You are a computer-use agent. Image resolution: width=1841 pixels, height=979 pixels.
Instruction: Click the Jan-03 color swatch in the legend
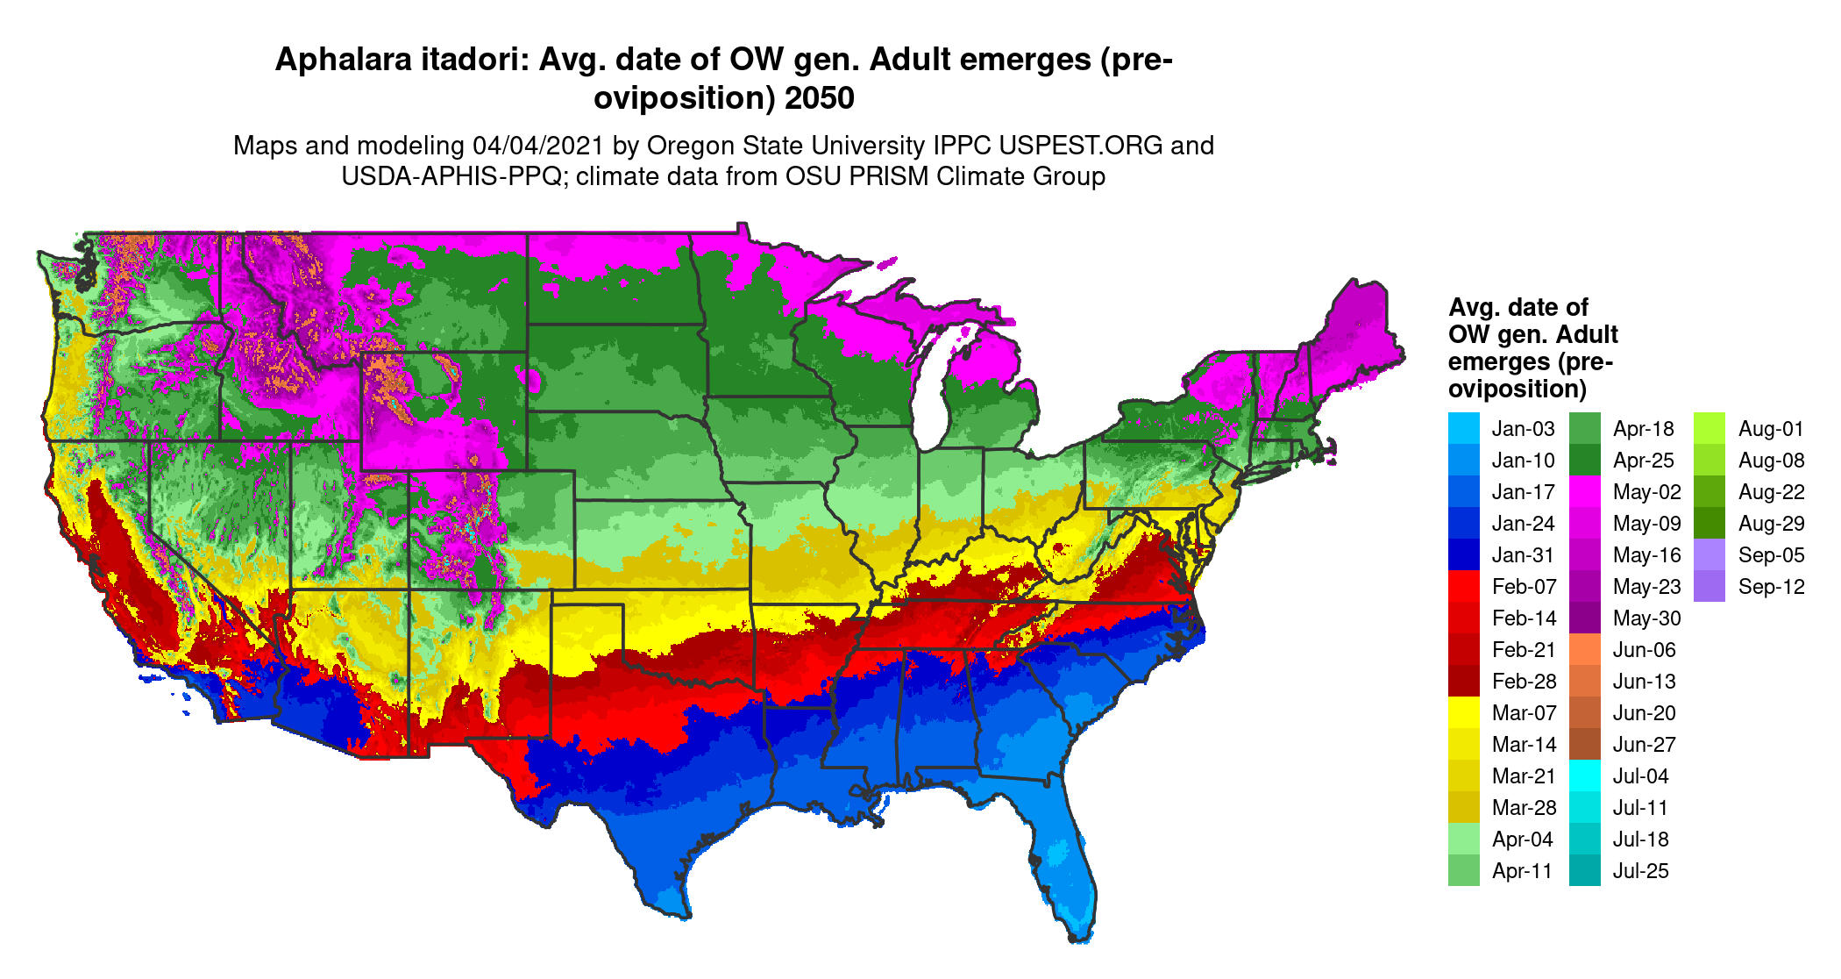click(1463, 428)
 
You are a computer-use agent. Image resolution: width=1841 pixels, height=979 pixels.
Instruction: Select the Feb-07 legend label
click(1524, 587)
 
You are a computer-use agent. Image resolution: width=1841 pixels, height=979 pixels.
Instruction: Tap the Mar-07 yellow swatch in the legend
click(1463, 712)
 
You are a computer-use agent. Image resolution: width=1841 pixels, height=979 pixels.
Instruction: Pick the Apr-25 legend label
click(1643, 461)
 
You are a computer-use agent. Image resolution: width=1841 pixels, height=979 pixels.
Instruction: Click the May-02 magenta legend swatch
click(1584, 491)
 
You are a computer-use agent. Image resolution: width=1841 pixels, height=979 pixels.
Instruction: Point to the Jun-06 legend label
click(1644, 650)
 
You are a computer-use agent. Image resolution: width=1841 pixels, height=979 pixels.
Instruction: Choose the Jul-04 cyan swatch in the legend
click(1584, 775)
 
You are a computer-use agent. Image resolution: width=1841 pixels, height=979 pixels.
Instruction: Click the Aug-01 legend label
click(1771, 429)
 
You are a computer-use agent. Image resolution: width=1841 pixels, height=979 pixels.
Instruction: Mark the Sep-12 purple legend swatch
click(1709, 586)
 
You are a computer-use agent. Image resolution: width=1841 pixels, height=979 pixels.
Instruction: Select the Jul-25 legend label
click(1640, 871)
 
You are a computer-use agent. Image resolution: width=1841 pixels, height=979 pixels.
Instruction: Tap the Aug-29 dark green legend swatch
click(1709, 523)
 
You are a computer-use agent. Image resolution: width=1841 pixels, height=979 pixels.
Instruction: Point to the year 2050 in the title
click(819, 98)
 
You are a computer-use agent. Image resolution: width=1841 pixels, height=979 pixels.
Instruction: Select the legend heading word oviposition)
click(1517, 389)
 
